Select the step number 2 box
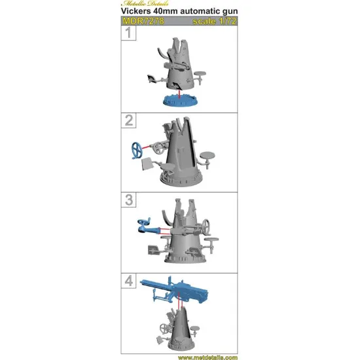pyautogui.click(x=131, y=119)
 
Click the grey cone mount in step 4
pyautogui.click(x=175, y=327)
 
